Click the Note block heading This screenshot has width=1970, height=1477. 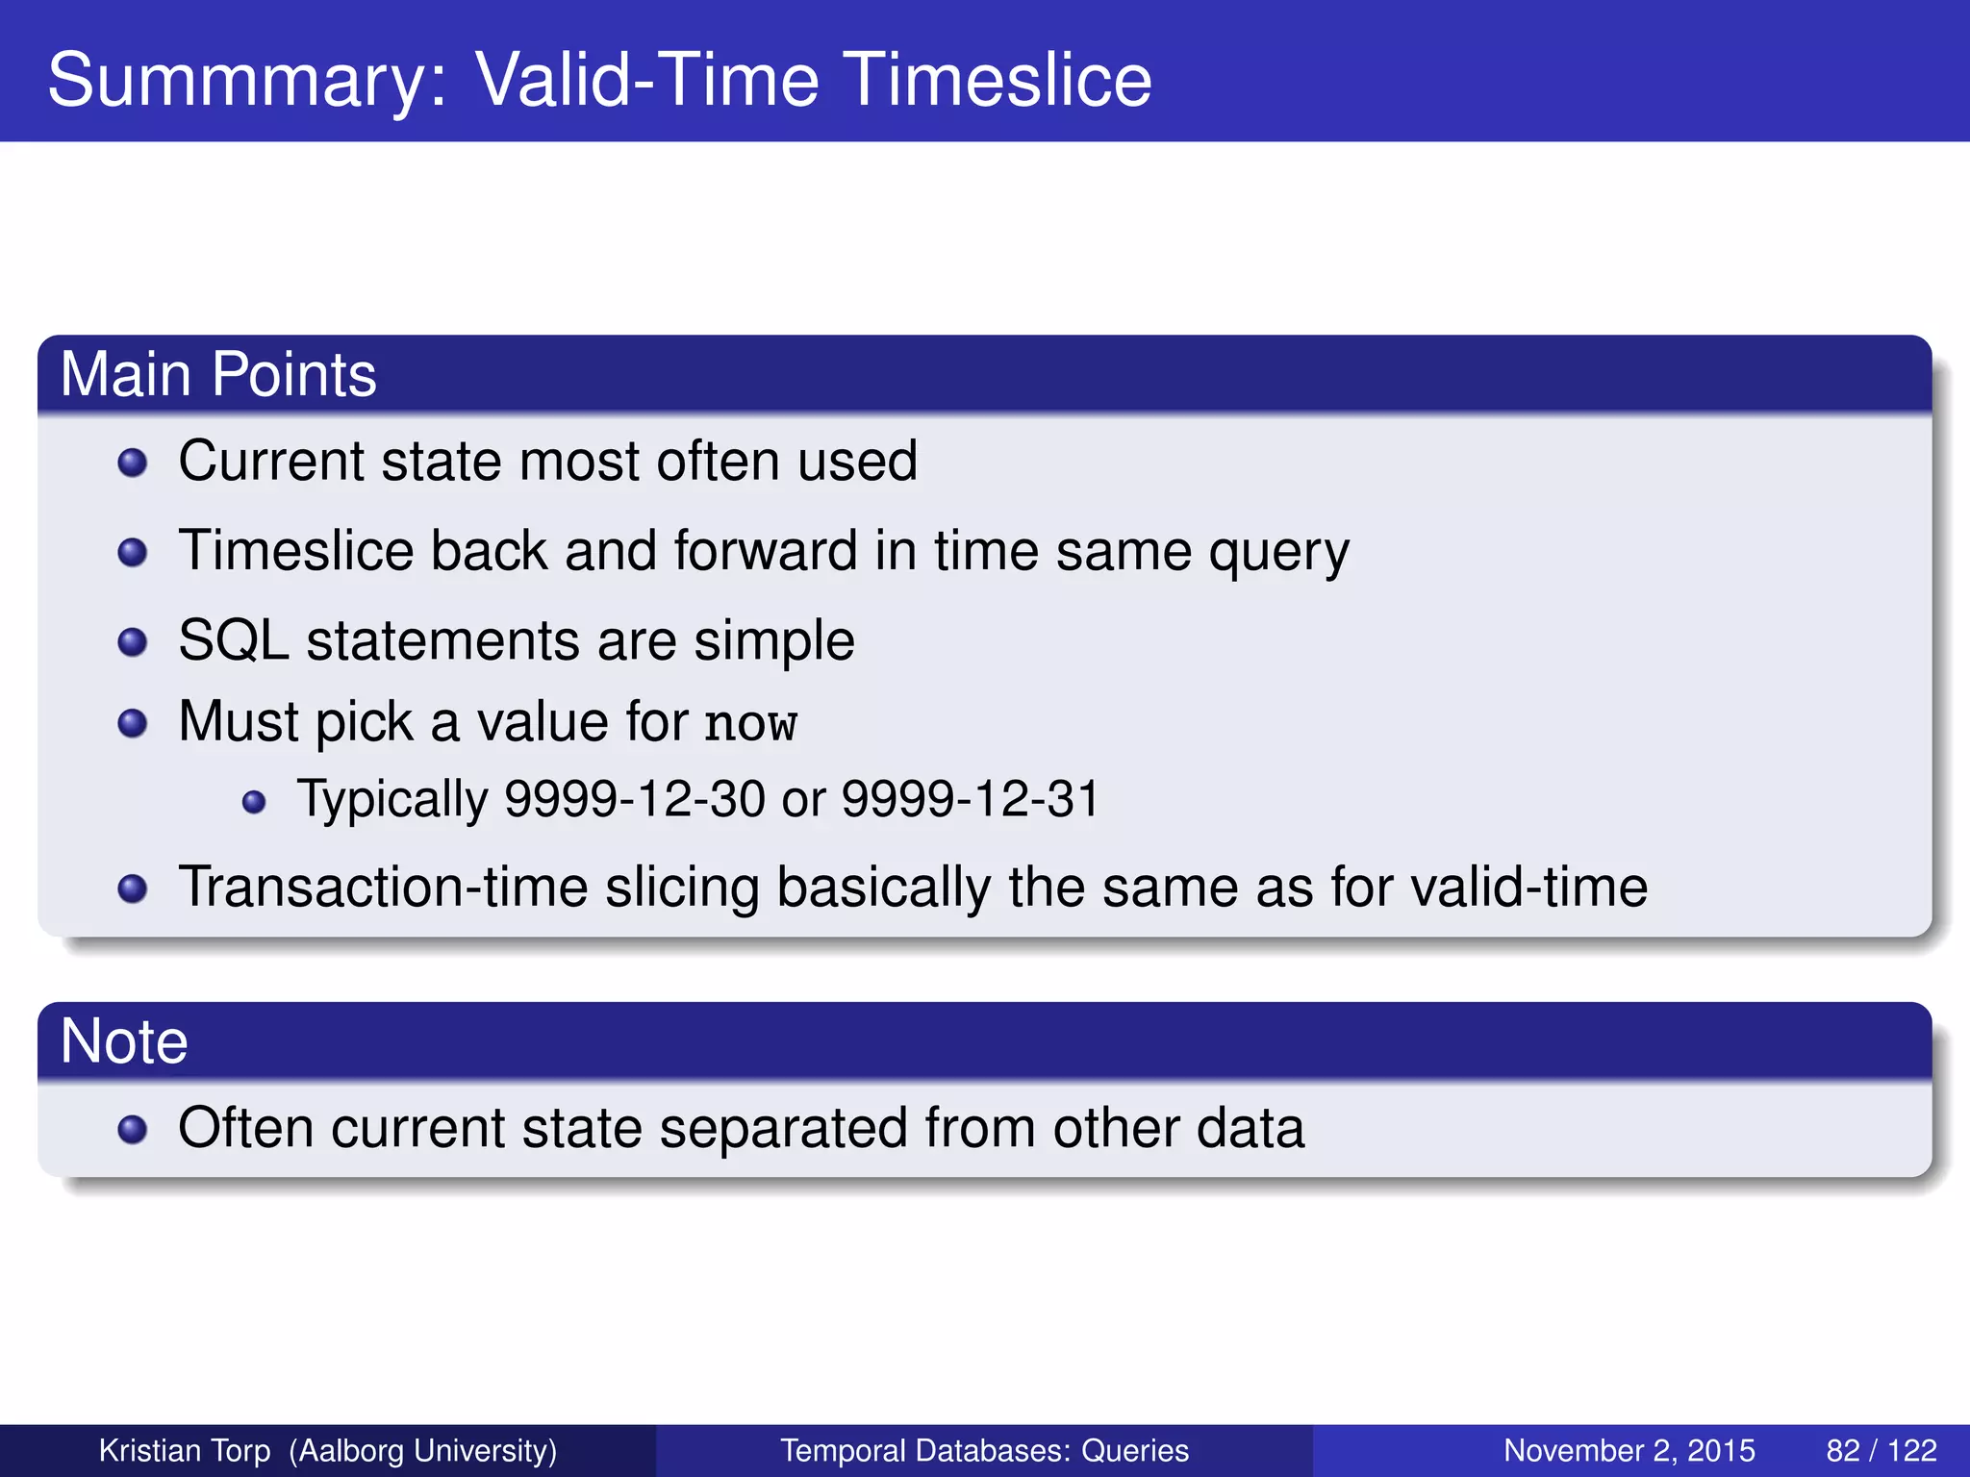[x=124, y=1041]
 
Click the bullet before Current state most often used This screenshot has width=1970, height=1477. [x=132, y=463]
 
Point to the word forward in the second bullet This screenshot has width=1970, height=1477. [x=765, y=551]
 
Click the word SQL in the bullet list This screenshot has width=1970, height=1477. [x=234, y=640]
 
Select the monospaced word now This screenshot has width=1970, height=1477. [x=750, y=724]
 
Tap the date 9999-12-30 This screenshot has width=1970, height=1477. [x=635, y=799]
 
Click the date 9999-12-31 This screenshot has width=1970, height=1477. [x=971, y=799]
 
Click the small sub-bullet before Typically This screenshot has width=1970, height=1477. [x=254, y=802]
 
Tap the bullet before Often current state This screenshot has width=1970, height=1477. [x=132, y=1130]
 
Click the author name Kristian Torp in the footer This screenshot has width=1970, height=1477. [x=185, y=1450]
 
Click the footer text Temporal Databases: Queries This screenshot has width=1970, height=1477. [x=984, y=1450]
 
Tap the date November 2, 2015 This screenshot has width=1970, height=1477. [x=1629, y=1450]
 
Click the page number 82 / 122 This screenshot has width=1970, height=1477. [x=1881, y=1450]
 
